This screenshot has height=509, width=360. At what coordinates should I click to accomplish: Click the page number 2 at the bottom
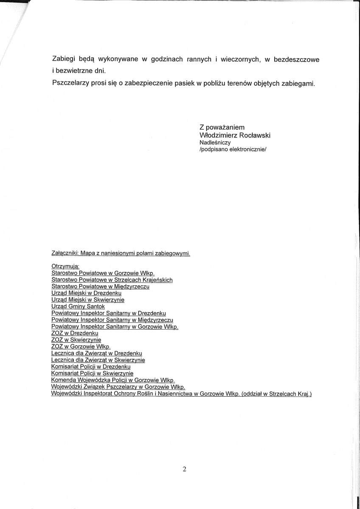tap(184, 469)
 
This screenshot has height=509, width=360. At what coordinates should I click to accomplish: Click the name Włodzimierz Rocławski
tap(235, 135)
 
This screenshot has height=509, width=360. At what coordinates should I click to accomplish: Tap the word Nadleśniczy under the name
tap(215, 143)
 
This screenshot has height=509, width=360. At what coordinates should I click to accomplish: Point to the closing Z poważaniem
tap(222, 127)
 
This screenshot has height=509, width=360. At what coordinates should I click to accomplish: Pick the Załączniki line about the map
tap(121, 254)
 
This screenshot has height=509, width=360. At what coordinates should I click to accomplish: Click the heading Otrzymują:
tap(62, 267)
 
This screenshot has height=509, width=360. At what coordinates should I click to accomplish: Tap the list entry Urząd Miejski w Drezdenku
tap(86, 293)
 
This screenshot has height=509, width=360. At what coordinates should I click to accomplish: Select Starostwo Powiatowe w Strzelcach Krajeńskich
tap(112, 280)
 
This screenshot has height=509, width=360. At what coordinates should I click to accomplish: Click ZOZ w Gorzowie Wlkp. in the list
tap(81, 347)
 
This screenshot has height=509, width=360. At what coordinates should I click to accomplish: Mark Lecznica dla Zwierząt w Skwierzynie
tap(98, 360)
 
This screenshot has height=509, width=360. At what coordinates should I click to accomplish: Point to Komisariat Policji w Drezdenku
tap(90, 366)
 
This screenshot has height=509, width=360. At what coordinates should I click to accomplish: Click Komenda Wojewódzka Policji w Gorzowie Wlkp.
tap(112, 380)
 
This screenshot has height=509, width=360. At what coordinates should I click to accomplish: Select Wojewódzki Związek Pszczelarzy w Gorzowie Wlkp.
tap(118, 387)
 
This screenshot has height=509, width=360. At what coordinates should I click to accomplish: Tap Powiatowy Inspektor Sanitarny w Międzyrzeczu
tap(112, 320)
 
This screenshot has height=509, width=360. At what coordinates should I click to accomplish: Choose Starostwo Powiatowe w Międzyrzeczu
tap(100, 287)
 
